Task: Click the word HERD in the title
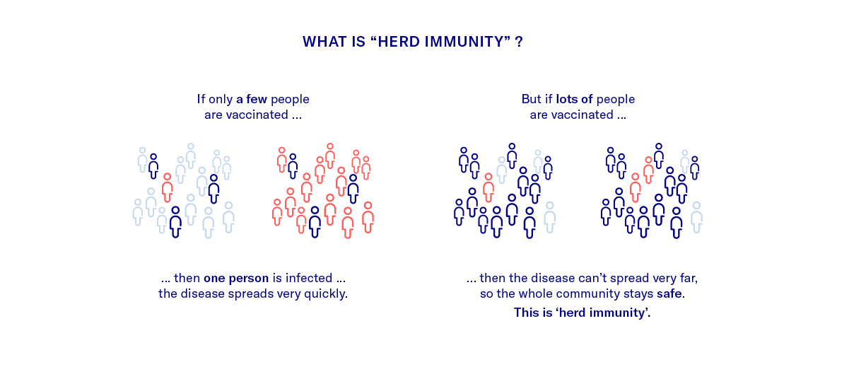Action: tap(399, 42)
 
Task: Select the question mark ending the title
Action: tap(520, 42)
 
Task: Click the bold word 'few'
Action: tap(257, 99)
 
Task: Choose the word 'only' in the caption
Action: tap(221, 100)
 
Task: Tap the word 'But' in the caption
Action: tap(532, 99)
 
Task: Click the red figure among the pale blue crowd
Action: tap(167, 187)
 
